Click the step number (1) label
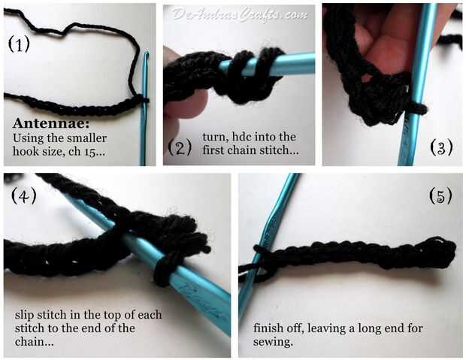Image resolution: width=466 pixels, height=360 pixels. point(19,44)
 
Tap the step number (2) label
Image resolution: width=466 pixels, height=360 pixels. point(180,147)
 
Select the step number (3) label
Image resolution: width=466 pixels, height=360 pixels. point(441,147)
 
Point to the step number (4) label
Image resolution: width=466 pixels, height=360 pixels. point(24,195)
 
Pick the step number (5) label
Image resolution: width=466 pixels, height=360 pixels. point(440,195)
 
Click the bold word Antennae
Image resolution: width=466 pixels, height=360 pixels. point(51,123)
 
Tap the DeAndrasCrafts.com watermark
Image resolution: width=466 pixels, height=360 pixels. point(240,14)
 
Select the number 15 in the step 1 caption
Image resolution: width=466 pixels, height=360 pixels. point(90,152)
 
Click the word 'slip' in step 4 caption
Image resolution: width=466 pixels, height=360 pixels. point(23,315)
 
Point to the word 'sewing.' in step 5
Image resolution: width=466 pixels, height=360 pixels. point(273,342)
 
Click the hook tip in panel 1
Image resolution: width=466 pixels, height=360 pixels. point(147,54)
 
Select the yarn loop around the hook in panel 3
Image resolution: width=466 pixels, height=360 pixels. point(416,109)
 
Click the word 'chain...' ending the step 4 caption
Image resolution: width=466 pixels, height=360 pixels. point(35,342)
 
